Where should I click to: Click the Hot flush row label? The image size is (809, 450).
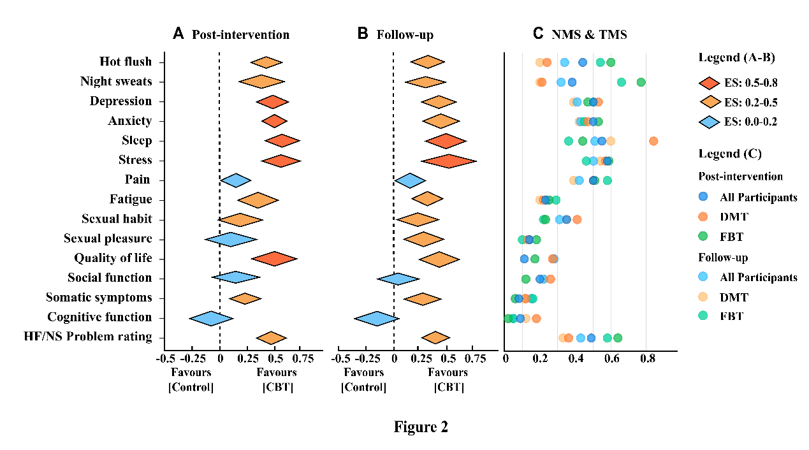(126, 62)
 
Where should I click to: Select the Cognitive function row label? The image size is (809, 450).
(99, 317)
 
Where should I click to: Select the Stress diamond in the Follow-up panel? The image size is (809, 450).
(449, 161)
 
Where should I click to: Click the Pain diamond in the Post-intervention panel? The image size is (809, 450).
(235, 180)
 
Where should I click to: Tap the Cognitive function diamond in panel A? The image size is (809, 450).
(211, 318)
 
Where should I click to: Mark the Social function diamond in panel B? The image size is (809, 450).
(398, 279)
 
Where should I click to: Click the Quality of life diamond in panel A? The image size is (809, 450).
(274, 259)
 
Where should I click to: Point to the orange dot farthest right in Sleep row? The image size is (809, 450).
(653, 141)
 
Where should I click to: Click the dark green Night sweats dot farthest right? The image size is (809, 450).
(641, 82)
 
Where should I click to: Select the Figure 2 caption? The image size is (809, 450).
(421, 427)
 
